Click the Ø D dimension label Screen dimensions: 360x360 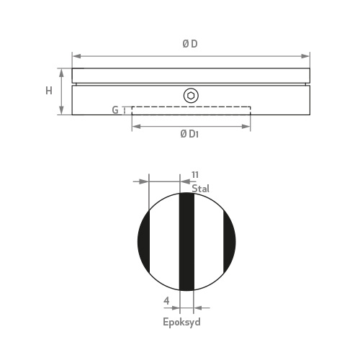pos(190,44)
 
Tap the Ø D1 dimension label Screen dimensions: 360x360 pos(189,134)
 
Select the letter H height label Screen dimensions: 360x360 pos(49,91)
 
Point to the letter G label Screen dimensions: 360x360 pos(115,110)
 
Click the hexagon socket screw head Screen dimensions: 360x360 pos(191,96)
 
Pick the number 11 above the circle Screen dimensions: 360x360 pos(195,175)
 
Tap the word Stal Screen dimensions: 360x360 pos(200,189)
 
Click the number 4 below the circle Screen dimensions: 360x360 pos(166,300)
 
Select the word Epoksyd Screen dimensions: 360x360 pos(181,322)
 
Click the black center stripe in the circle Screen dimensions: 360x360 pos(186,242)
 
